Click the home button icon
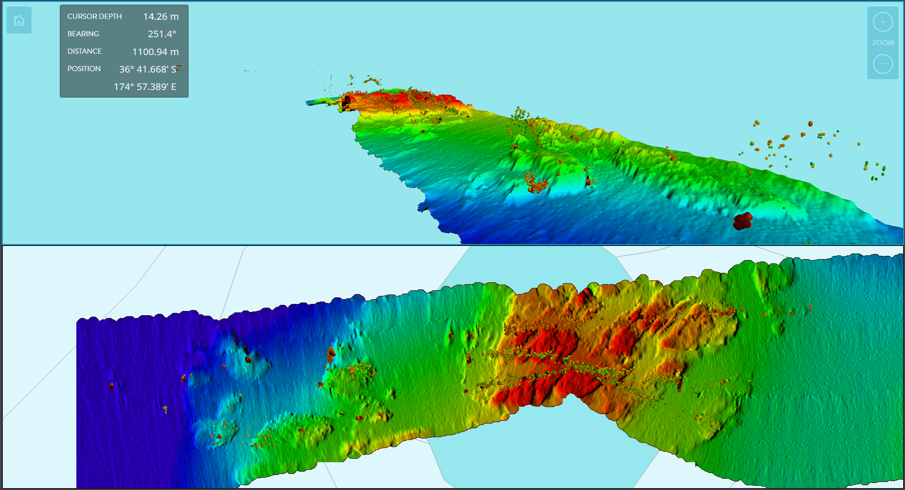[19, 20]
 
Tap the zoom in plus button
[882, 22]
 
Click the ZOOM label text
[882, 43]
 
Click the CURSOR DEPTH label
[94, 16]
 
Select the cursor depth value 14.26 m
[161, 16]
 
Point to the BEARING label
[83, 34]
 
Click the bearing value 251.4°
[162, 34]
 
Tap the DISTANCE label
[84, 51]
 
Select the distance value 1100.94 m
[155, 52]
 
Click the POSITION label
[84, 69]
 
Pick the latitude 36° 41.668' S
[148, 69]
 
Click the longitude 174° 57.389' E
[145, 87]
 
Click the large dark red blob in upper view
[742, 220]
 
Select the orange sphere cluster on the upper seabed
[536, 183]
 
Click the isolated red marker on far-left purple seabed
[112, 386]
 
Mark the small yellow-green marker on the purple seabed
[165, 409]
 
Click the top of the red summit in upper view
[415, 94]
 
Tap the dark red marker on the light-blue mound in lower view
[248, 359]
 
